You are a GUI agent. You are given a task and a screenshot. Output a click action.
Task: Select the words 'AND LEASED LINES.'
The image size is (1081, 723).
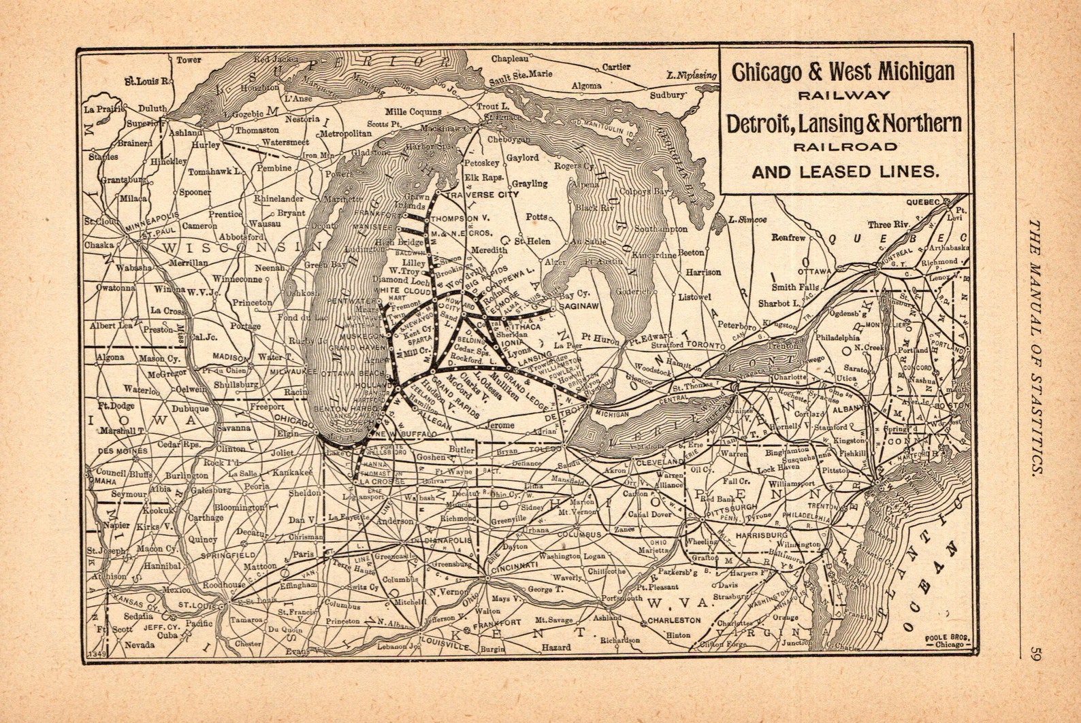point(845,172)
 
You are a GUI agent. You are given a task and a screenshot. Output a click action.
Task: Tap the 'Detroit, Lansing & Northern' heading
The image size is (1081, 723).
point(844,124)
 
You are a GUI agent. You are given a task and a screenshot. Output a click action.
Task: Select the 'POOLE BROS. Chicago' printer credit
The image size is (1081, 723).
point(946,641)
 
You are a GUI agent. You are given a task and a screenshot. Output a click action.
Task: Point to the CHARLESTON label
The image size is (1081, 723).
point(673,620)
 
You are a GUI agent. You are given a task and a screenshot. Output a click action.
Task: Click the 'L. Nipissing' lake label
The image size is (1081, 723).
point(692,75)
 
